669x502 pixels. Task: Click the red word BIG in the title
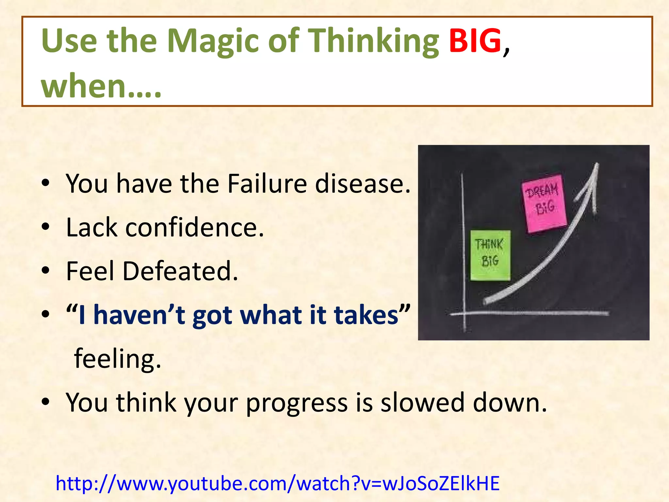[x=475, y=41]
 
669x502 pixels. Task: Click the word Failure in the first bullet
[x=267, y=184]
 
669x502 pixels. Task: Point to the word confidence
[x=194, y=227]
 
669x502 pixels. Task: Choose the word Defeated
[x=180, y=271]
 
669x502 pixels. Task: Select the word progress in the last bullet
[x=297, y=403]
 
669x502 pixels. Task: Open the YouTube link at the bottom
[x=278, y=484]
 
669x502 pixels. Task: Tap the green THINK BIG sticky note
[x=490, y=255]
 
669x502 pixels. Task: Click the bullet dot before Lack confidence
[x=45, y=227]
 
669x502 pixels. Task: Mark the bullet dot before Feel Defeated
[x=45, y=271]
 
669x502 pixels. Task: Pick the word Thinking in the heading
[x=374, y=41]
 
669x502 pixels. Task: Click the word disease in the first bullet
[x=362, y=184]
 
